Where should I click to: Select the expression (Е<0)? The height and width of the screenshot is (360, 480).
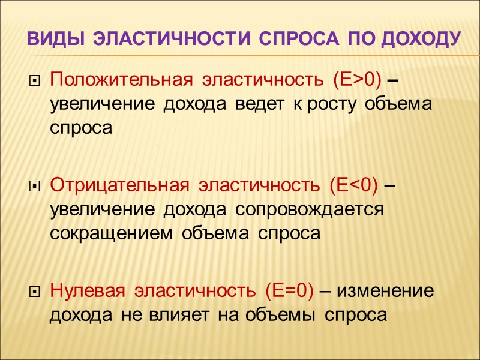[x=353, y=185]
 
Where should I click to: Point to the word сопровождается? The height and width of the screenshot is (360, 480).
[x=309, y=211]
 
